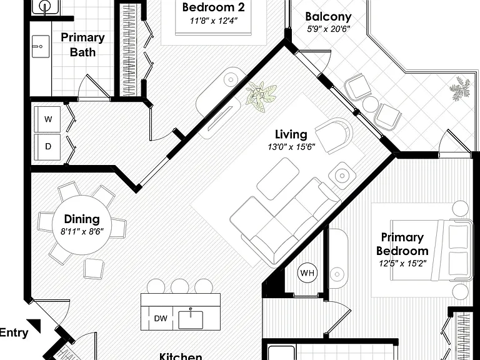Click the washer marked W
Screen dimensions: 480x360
click(47, 119)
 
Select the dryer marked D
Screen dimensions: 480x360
click(47, 147)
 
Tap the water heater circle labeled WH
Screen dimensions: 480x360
click(307, 272)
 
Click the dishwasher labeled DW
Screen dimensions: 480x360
click(161, 318)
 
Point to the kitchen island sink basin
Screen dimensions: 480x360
click(191, 319)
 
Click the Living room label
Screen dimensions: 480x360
click(291, 134)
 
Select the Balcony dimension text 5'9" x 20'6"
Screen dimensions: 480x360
click(329, 29)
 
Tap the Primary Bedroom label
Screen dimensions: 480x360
click(402, 244)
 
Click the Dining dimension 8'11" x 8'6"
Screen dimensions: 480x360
click(82, 231)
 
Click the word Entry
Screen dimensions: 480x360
click(14, 332)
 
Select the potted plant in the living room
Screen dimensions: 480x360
click(261, 96)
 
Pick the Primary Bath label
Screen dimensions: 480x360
click(82, 45)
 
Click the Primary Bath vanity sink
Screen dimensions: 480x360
click(41, 46)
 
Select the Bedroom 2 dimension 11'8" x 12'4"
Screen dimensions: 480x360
click(213, 21)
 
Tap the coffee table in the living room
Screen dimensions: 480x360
click(278, 179)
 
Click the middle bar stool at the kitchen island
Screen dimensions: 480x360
click(180, 286)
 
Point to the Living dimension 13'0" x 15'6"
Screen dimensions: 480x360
click(291, 147)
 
